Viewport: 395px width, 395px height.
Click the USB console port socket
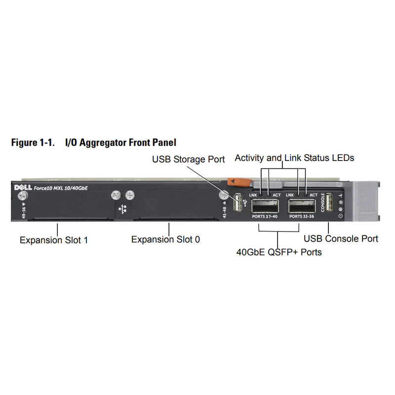click(329, 203)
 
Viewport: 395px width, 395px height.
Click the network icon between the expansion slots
click(122, 208)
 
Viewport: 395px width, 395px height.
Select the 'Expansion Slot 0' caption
click(165, 239)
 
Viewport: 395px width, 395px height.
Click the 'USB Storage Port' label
click(188, 159)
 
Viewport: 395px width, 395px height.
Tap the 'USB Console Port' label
click(341, 238)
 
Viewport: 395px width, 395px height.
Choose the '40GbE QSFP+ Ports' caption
click(279, 252)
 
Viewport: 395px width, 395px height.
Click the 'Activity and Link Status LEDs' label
click(294, 158)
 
